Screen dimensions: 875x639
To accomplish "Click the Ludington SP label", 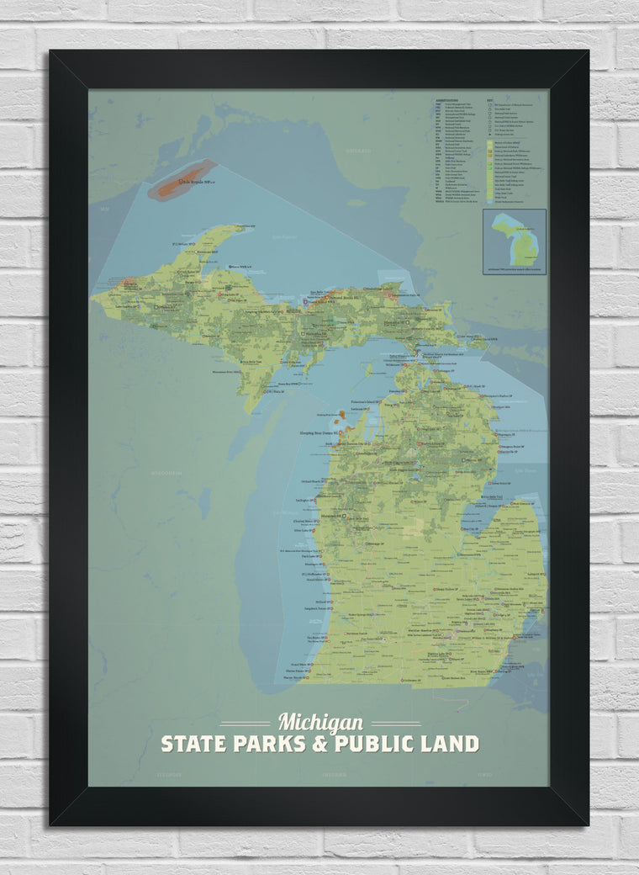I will pyautogui.click(x=304, y=501).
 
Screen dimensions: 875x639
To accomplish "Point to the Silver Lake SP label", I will pyautogui.click(x=303, y=531).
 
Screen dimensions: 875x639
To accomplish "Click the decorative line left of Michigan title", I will pyautogui.click(x=245, y=724).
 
